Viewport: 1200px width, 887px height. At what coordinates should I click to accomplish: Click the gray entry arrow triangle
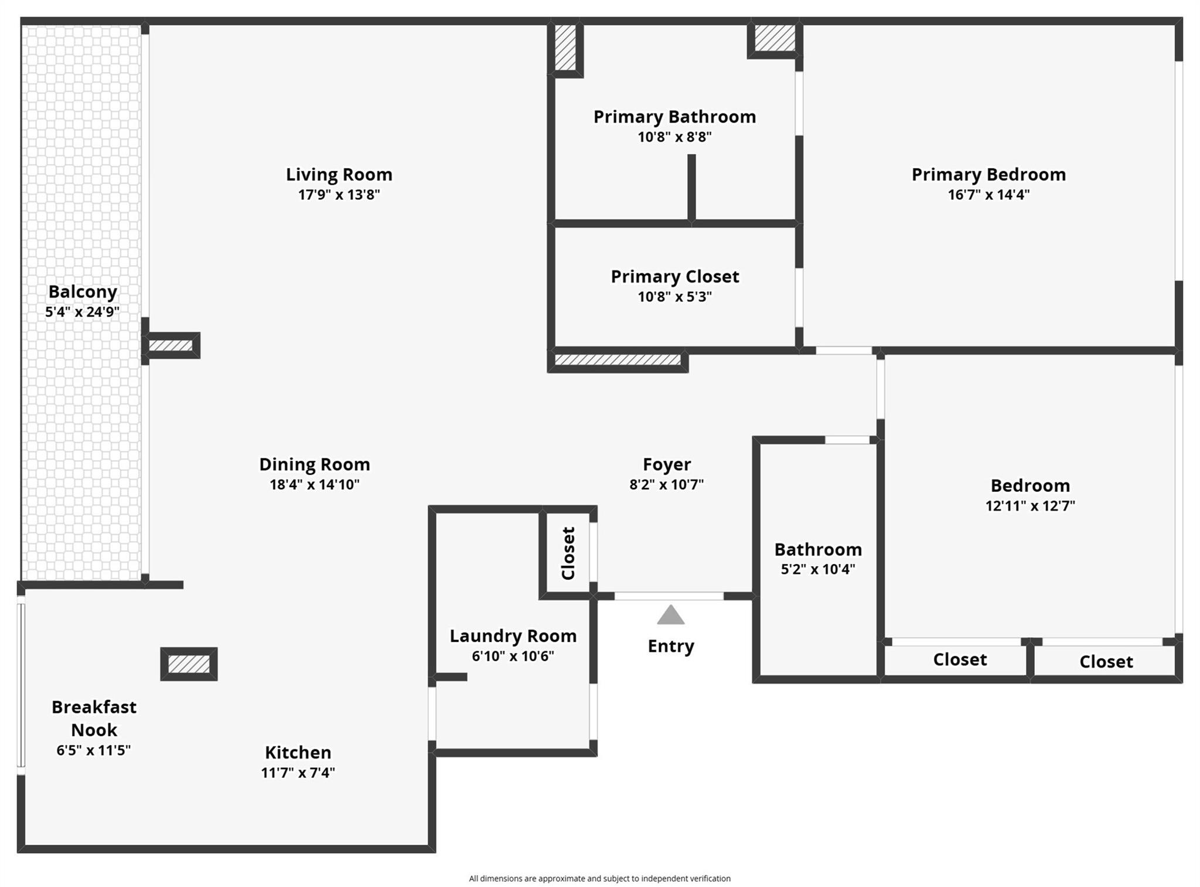[670, 615]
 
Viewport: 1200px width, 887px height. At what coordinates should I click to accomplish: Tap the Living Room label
[339, 174]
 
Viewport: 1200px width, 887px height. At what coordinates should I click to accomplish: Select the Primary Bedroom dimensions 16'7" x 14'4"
[988, 195]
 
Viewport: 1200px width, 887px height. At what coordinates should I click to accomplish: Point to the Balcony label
[83, 292]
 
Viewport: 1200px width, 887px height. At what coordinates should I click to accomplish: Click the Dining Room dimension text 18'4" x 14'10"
[315, 484]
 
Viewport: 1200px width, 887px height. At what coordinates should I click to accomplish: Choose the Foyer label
[667, 464]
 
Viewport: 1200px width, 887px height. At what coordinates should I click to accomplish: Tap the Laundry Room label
[513, 636]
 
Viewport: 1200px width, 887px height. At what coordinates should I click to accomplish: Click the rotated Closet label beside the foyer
[568, 553]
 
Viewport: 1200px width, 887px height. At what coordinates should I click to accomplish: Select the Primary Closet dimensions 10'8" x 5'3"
[674, 297]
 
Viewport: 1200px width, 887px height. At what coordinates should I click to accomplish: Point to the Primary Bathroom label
[674, 117]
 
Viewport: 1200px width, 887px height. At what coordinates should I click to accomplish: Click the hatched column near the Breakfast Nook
[189, 664]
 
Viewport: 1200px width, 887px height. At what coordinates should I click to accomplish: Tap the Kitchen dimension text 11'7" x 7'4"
[298, 773]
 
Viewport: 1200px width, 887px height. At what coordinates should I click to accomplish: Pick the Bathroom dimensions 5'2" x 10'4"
[818, 569]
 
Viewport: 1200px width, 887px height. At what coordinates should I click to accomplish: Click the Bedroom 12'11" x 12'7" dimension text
[1030, 505]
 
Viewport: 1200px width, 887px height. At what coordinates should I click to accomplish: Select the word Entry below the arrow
[671, 646]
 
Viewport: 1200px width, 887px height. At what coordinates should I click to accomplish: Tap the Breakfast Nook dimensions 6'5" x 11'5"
[94, 750]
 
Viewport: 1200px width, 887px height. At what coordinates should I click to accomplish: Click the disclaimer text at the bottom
[599, 878]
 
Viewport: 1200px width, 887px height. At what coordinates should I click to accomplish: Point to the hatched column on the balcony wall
[171, 345]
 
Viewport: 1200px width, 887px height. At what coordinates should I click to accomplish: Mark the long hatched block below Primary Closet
[618, 360]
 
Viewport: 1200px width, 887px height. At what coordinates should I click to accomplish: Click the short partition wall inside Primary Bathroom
[691, 188]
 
